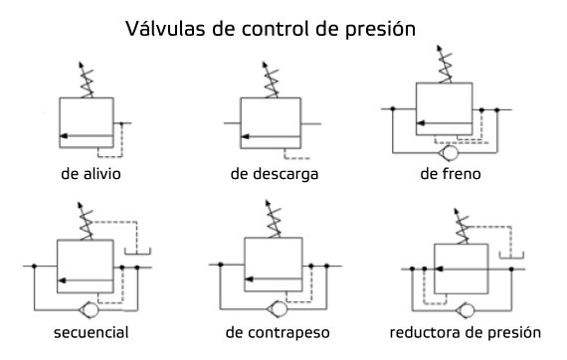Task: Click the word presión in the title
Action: [x=390, y=29]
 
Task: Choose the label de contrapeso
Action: [x=274, y=330]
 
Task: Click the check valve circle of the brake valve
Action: [x=450, y=151]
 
